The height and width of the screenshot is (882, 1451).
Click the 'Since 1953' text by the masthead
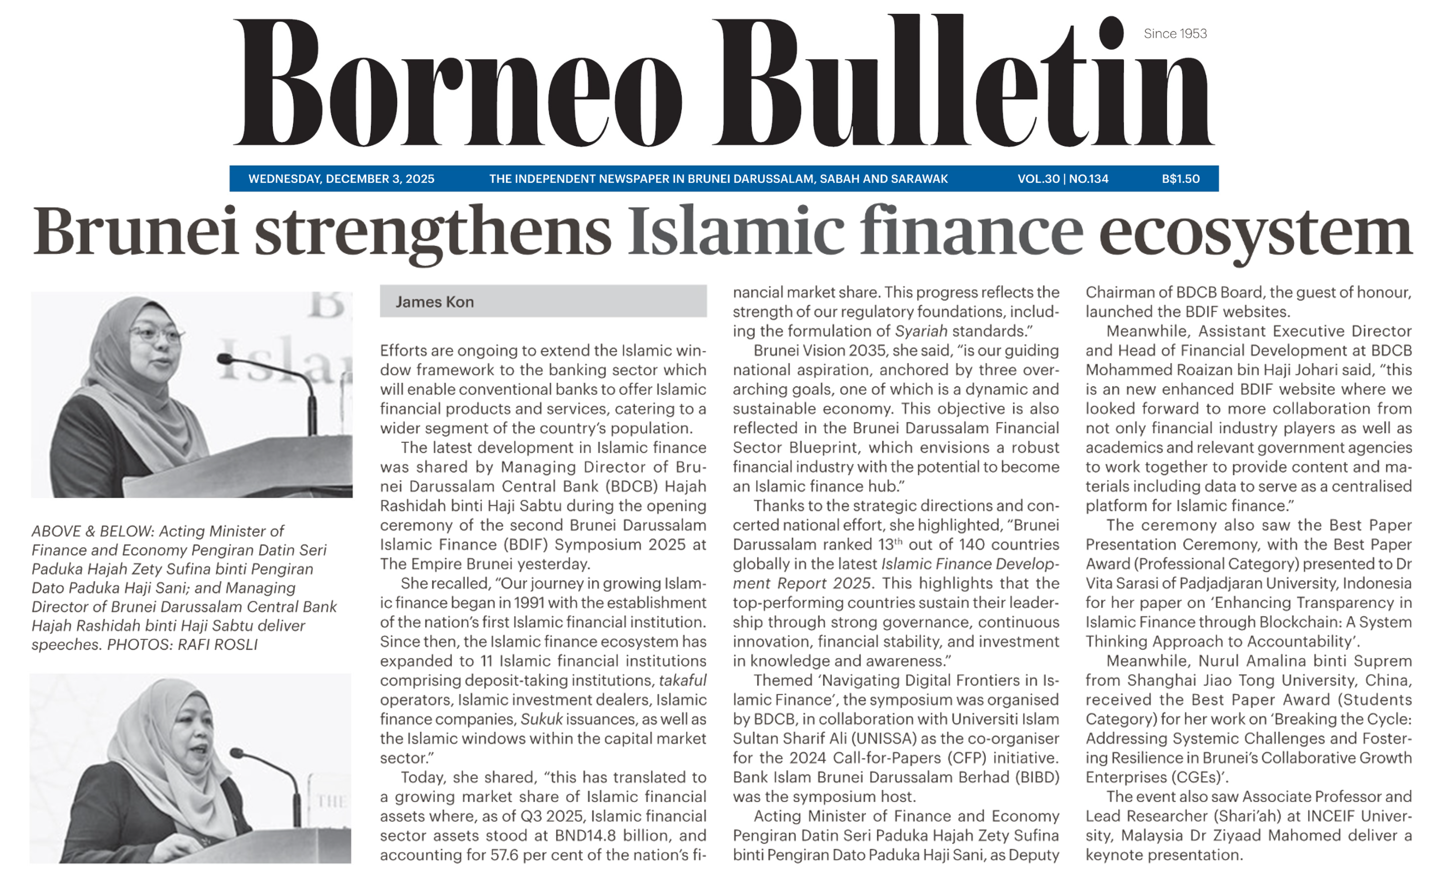[1175, 34]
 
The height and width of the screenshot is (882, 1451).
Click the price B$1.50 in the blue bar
[1180, 178]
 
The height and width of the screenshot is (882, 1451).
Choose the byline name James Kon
[435, 302]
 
